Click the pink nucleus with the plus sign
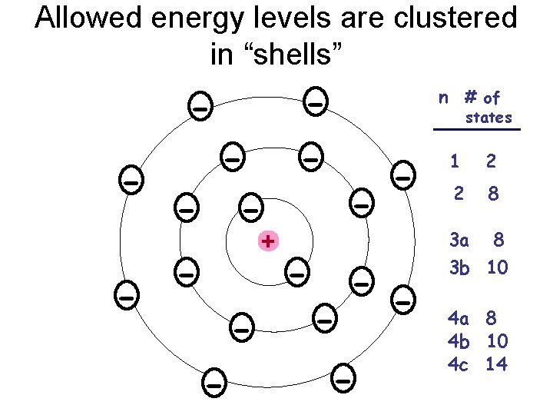point(267,241)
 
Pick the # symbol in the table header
point(470,97)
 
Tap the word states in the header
point(488,118)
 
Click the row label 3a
point(459,241)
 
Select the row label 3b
point(459,267)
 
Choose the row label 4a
point(459,317)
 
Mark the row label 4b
point(459,340)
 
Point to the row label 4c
point(459,364)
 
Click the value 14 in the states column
point(496,364)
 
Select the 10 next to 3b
point(496,267)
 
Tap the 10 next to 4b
point(496,340)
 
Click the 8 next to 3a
point(498,241)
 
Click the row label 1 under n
point(455,162)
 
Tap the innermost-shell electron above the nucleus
point(250,207)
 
